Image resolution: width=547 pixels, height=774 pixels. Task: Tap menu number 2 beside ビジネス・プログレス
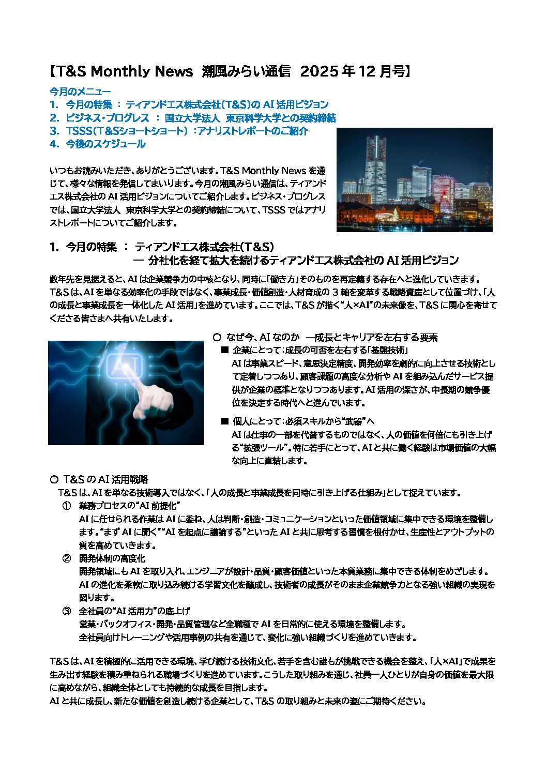tap(54, 118)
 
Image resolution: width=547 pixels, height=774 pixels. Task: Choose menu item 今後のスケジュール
tap(105, 144)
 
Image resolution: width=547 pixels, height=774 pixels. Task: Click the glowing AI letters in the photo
tap(123, 368)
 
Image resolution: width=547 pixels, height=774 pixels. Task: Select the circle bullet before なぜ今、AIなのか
tap(217, 338)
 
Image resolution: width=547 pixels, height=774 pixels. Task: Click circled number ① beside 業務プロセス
tap(67, 505)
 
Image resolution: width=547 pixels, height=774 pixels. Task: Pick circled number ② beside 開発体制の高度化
tap(67, 558)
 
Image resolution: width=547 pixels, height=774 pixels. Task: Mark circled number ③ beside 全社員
tap(67, 611)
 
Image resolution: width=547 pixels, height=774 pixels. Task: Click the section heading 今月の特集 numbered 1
tap(91, 247)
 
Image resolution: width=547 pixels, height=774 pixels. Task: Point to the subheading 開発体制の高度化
tap(112, 558)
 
